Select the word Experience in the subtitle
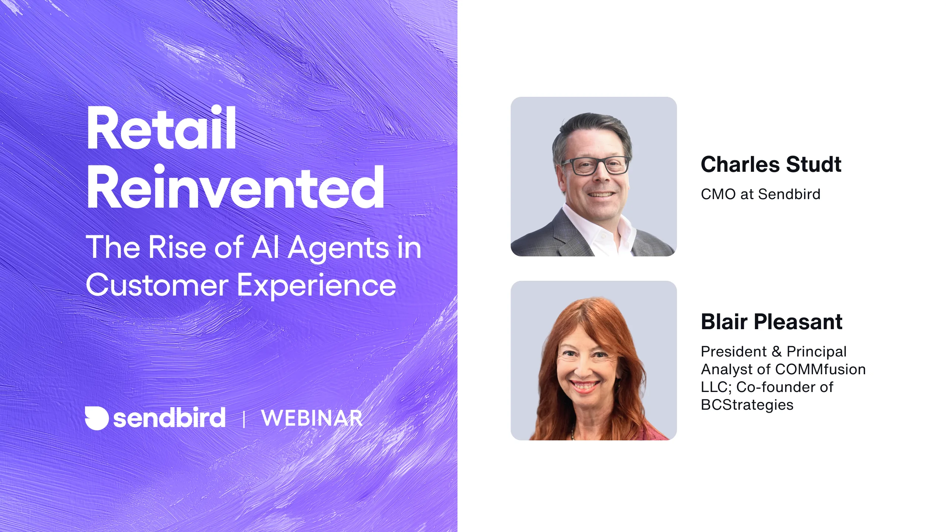pyautogui.click(x=316, y=286)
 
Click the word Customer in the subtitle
pyautogui.click(x=157, y=286)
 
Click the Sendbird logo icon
pyautogui.click(x=96, y=418)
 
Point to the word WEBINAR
pyautogui.click(x=312, y=418)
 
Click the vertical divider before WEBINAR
pyautogui.click(x=244, y=419)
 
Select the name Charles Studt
pyautogui.click(x=771, y=164)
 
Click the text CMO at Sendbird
pyautogui.click(x=760, y=194)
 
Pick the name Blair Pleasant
pyautogui.click(x=771, y=322)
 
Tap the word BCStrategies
pyautogui.click(x=747, y=405)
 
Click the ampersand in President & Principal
pyautogui.click(x=777, y=352)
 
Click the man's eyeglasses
pyautogui.click(x=596, y=166)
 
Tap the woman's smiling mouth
pyautogui.click(x=585, y=385)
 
